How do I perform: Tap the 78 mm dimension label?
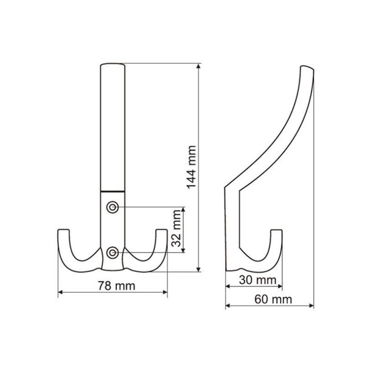click(x=113, y=285)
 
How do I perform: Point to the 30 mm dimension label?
click(x=254, y=279)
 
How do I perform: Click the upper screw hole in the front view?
click(x=113, y=207)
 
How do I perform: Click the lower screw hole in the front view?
click(x=113, y=251)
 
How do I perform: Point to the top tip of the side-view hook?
click(x=307, y=67)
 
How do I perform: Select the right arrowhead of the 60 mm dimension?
click(x=313, y=306)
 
